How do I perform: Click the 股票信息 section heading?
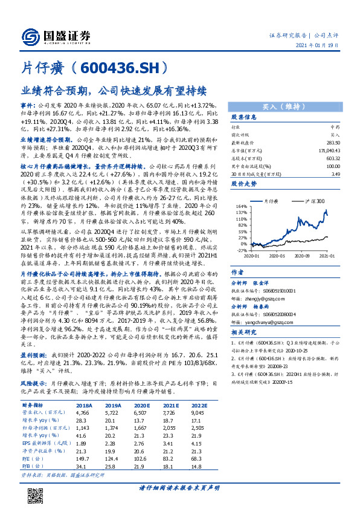click(x=245, y=117)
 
